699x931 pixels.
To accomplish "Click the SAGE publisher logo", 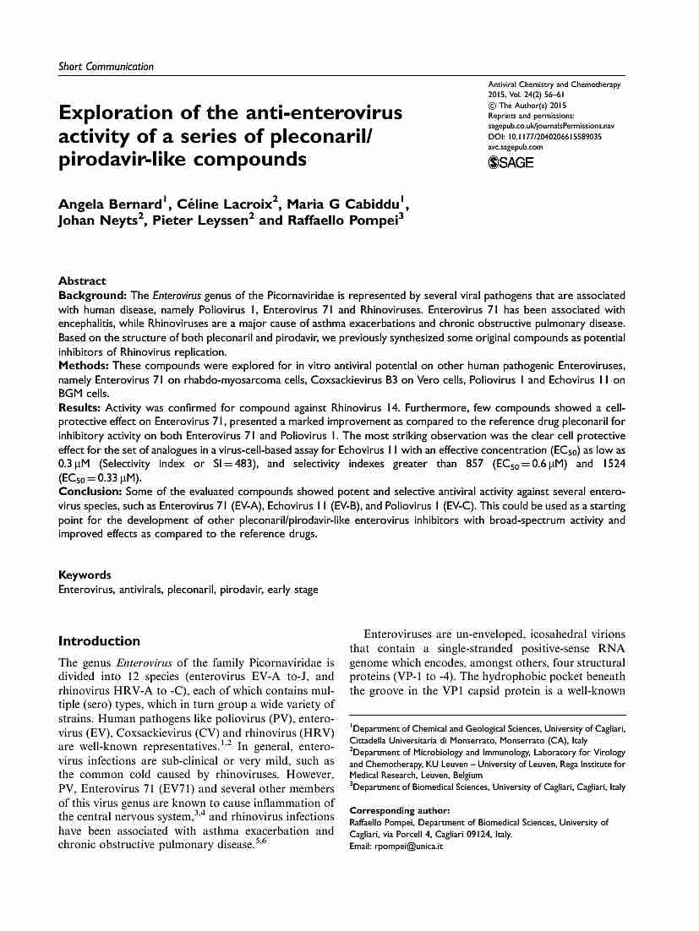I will pos(511,162).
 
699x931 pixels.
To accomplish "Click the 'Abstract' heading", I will pos(82,280).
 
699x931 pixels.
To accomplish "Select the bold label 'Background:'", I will pos(92,296).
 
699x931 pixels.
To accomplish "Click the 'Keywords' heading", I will pos(85,574).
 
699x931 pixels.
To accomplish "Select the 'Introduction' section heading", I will pos(99,640).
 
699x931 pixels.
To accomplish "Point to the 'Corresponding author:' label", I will pos(399,811).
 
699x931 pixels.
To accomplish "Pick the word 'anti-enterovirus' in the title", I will pos(325,113).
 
